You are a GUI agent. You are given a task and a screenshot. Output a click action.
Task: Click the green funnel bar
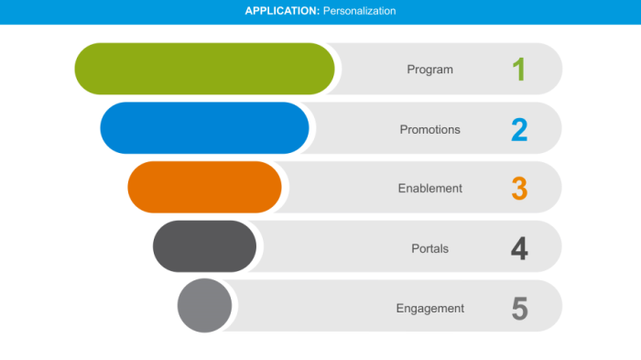tap(204, 69)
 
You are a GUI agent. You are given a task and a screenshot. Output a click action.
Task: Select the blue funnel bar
tap(204, 128)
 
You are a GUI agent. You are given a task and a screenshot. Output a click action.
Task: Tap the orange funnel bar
tap(204, 188)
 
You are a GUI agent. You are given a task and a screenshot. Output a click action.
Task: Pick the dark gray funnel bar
tap(204, 246)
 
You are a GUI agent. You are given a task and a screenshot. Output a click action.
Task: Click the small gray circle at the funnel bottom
tap(204, 305)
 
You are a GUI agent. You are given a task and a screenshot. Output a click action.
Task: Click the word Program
tap(429, 70)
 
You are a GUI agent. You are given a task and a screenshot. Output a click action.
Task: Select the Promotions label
tap(429, 129)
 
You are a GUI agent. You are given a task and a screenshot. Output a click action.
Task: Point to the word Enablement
tap(429, 189)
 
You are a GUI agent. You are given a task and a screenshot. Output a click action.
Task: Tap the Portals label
tap(429, 248)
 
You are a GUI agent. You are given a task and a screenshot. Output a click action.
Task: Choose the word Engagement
tap(429, 308)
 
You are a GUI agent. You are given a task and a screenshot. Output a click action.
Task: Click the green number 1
tap(519, 70)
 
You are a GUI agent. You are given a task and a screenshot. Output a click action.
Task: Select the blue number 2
tap(519, 129)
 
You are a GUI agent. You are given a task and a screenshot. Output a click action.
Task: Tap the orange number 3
tap(519, 189)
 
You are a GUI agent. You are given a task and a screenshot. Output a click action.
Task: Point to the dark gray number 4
tap(519, 248)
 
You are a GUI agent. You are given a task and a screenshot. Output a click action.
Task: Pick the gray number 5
tap(519, 308)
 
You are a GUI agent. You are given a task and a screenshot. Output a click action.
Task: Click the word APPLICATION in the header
tap(282, 11)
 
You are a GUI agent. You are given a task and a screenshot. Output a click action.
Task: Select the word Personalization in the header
tap(359, 11)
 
